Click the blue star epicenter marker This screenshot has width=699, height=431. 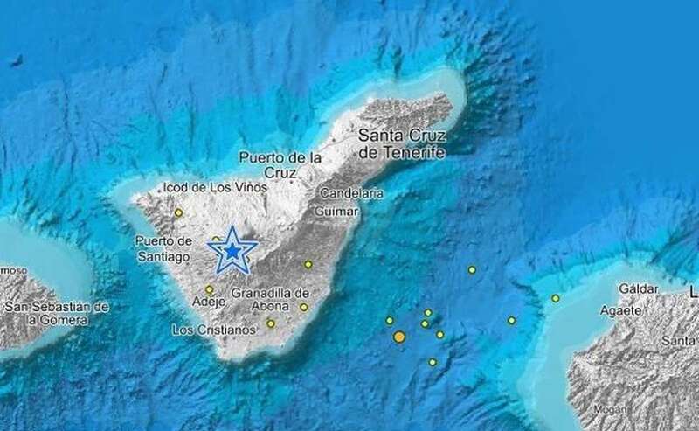pyautogui.click(x=232, y=251)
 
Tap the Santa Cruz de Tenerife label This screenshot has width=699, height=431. pyautogui.click(x=402, y=144)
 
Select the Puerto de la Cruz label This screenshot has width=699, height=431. pyautogui.click(x=281, y=165)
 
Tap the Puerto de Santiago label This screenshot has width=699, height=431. pyautogui.click(x=163, y=248)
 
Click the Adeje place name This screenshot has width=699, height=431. pyautogui.click(x=209, y=302)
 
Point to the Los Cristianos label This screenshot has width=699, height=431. pyautogui.click(x=213, y=330)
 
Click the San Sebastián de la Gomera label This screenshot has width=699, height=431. pyautogui.click(x=57, y=314)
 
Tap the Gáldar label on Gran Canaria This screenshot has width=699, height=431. pyautogui.click(x=637, y=288)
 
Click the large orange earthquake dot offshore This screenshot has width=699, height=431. pyautogui.click(x=399, y=337)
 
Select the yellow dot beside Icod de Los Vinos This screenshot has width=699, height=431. pyautogui.click(x=178, y=212)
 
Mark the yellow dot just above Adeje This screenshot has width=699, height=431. pyautogui.click(x=209, y=289)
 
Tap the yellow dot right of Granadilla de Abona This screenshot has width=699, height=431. pyautogui.click(x=304, y=307)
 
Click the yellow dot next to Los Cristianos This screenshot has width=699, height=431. pyautogui.click(x=271, y=323)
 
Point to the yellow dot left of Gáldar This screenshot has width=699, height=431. pyautogui.click(x=555, y=298)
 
